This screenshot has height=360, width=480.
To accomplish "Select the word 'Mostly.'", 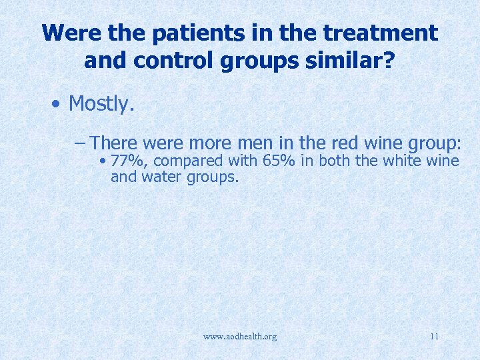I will click(x=102, y=103).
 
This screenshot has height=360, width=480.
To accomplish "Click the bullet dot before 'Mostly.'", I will click(x=58, y=105).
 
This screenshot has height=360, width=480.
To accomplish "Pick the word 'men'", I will click(x=256, y=143).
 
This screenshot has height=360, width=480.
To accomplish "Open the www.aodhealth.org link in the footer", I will click(x=240, y=336).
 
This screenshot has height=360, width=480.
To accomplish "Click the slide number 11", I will click(x=434, y=336).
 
